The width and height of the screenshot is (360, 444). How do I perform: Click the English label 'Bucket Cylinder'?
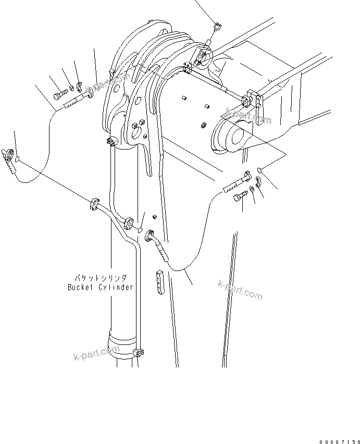point(100,287)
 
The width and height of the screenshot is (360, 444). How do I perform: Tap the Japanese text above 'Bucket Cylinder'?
point(100,279)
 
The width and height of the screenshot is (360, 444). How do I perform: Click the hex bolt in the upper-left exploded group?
point(59,94)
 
